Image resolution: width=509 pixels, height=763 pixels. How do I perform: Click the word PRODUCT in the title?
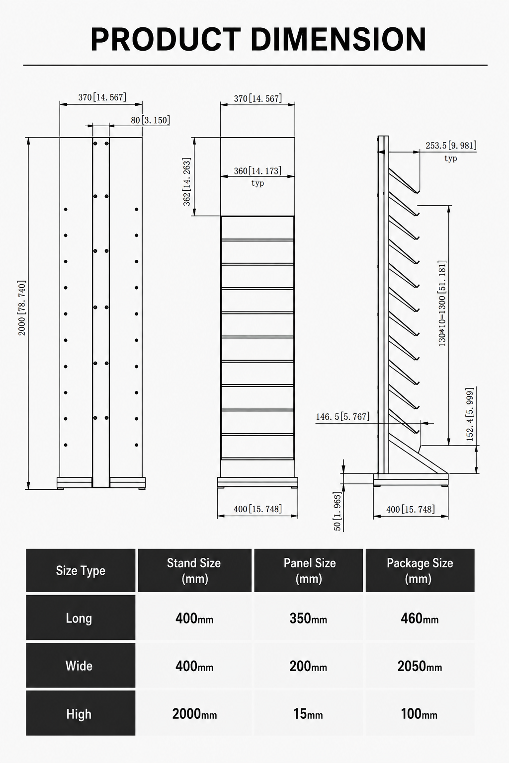166,39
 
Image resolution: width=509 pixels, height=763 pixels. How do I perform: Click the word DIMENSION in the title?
338,39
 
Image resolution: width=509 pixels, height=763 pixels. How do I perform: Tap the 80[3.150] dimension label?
150,120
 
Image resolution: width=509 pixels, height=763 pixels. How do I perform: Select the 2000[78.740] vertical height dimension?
22,308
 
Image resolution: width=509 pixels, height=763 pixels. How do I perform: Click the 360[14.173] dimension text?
258,171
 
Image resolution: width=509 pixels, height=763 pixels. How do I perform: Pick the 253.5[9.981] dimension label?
451,146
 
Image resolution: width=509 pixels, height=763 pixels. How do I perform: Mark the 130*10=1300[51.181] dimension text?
442,304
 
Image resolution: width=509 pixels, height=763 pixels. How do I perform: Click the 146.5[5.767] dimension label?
342,417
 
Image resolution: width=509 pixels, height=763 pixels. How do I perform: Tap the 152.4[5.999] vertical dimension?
470,415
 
